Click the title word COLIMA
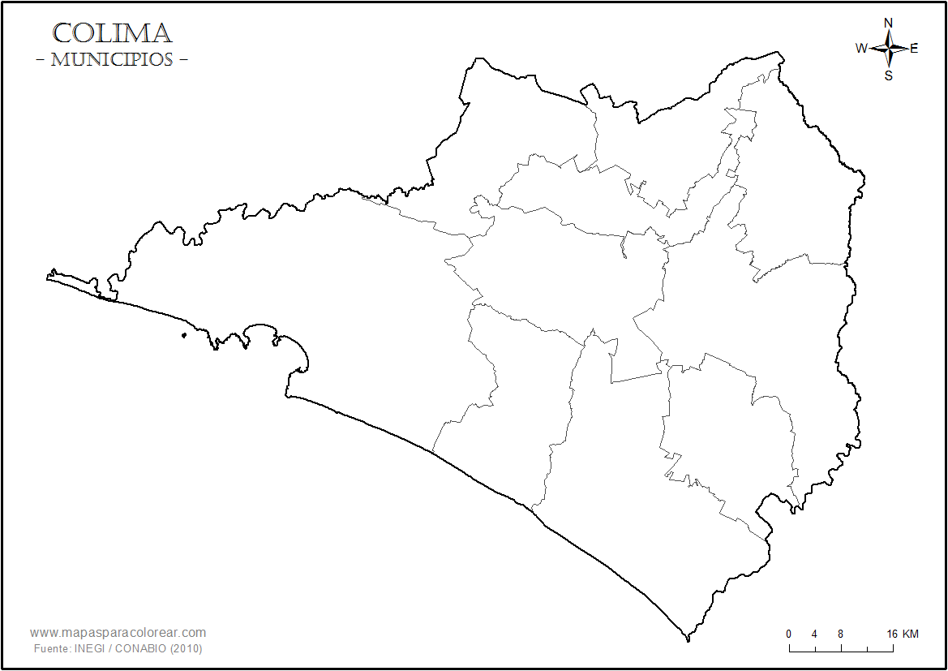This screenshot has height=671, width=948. [112, 34]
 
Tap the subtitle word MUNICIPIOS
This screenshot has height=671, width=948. [112, 60]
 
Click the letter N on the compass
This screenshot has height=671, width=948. [889, 23]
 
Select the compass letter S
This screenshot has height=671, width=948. [889, 75]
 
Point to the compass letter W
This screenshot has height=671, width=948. [861, 48]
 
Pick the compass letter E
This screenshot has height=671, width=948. [915, 48]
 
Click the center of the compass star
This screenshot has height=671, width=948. [889, 49]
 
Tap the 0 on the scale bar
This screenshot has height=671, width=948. [788, 634]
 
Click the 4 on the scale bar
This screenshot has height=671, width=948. [814, 634]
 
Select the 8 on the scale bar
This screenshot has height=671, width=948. [840, 634]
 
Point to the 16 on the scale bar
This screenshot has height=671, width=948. [892, 634]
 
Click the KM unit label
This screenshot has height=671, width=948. [910, 634]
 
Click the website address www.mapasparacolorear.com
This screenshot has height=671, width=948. [118, 633]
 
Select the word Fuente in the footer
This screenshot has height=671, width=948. [51, 649]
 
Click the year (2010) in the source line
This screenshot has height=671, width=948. [186, 649]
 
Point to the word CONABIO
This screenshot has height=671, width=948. [144, 649]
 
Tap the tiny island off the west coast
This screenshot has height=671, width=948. [185, 335]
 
